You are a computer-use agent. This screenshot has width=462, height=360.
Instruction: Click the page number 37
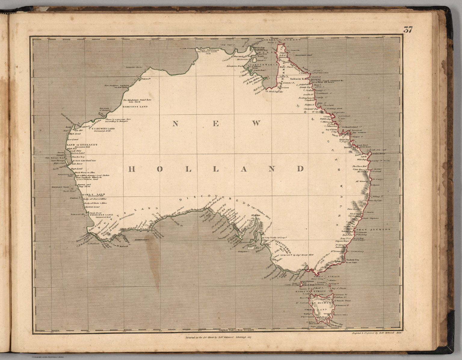click(x=408, y=30)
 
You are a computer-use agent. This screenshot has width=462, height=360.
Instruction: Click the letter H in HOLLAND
click(x=131, y=169)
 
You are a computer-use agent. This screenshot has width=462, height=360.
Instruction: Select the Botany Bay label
click(x=348, y=232)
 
